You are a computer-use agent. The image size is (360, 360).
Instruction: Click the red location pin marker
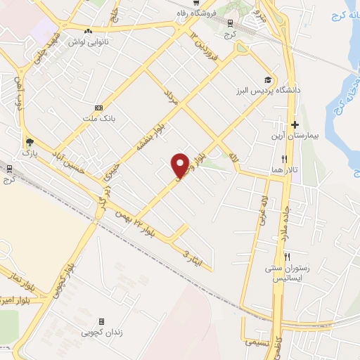(181, 165)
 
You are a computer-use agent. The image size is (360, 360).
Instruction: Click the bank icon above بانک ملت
(98, 108)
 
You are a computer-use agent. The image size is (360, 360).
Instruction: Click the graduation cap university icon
(267, 79)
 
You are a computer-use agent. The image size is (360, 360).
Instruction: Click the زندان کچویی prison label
(102, 331)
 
